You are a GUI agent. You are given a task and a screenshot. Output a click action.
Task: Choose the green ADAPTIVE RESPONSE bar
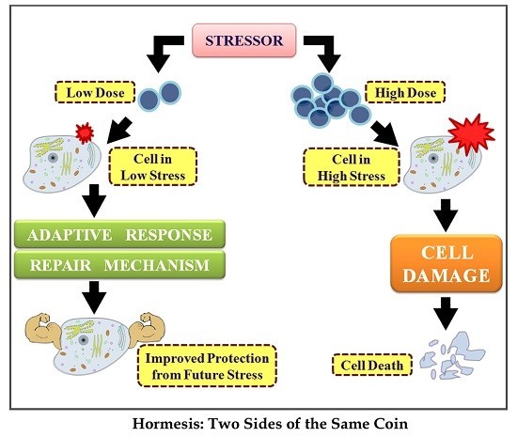click(x=125, y=234)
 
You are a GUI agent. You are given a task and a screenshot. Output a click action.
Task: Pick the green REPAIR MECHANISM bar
click(x=125, y=266)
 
